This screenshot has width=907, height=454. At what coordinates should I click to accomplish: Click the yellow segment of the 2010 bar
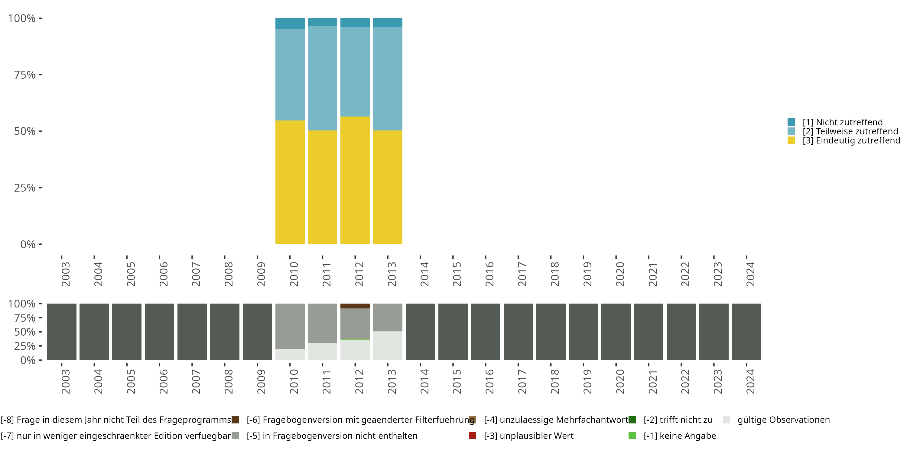290,182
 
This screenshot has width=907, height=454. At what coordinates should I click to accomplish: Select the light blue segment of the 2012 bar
355,71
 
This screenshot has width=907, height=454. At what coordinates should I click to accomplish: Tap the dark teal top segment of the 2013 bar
388,23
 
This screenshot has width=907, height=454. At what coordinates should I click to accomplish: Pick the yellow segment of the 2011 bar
322,187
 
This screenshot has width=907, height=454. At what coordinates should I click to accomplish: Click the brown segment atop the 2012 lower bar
355,306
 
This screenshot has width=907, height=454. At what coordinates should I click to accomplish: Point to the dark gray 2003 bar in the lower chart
62,332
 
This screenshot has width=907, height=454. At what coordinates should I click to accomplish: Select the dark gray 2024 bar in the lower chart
746,332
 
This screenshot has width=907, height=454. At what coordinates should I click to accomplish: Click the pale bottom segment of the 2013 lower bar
388,345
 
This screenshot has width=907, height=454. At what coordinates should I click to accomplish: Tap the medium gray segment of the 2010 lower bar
290,326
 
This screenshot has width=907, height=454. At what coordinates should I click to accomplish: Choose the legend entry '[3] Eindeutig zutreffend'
851,141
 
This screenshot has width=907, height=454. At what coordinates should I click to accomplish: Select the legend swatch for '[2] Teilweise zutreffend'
791,131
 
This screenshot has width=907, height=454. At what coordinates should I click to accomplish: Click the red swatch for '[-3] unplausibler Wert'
473,436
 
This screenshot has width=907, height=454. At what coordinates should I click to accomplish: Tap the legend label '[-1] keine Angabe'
680,436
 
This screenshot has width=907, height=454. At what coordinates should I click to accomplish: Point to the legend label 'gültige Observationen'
783,420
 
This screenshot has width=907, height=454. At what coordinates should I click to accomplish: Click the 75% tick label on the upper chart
25,75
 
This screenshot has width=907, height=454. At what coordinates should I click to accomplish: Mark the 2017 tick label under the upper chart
522,274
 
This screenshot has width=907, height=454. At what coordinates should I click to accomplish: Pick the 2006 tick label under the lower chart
163,381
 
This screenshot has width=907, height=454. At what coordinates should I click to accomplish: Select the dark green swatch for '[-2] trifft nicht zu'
632,420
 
